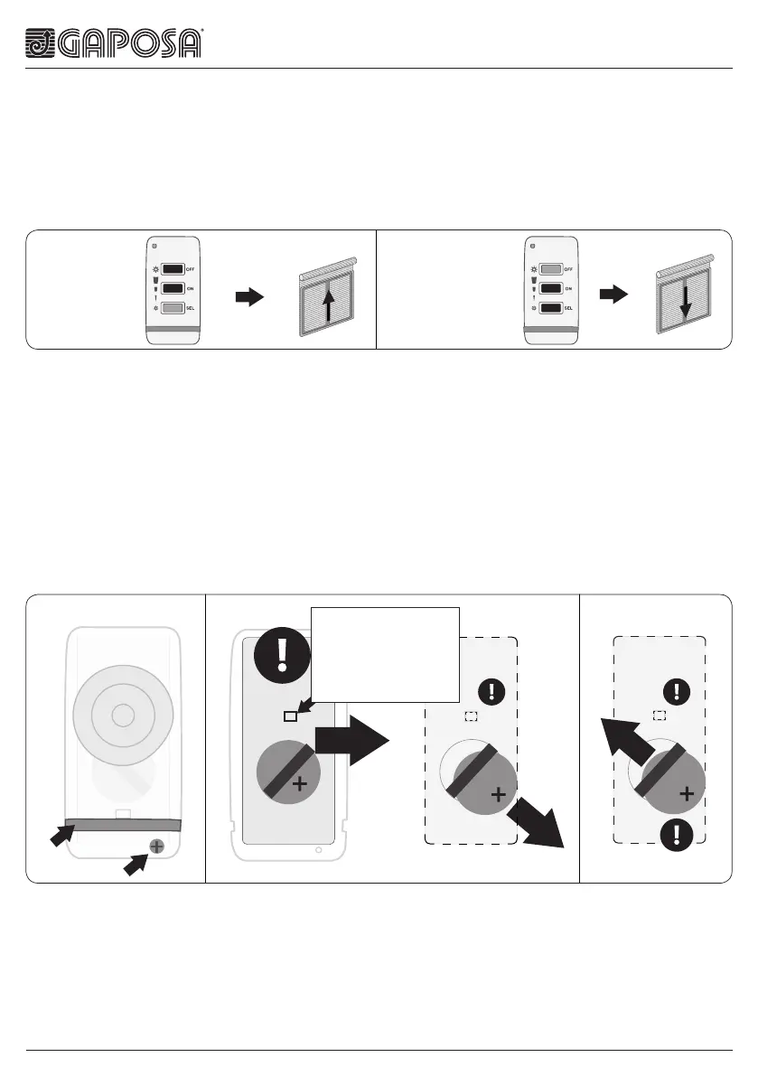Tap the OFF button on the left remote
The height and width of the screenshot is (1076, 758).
[x=173, y=268]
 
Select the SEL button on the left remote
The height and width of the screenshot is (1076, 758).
[x=173, y=308]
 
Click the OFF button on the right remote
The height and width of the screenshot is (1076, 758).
[x=550, y=268]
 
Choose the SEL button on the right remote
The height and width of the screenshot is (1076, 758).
[x=550, y=308]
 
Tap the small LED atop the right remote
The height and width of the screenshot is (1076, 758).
[x=533, y=245]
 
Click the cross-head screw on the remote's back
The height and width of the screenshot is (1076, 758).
[x=156, y=847]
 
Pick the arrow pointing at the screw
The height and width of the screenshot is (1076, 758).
[x=134, y=865]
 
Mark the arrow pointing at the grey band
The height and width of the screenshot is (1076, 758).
[x=61, y=836]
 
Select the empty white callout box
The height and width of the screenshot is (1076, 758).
[x=385, y=654]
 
